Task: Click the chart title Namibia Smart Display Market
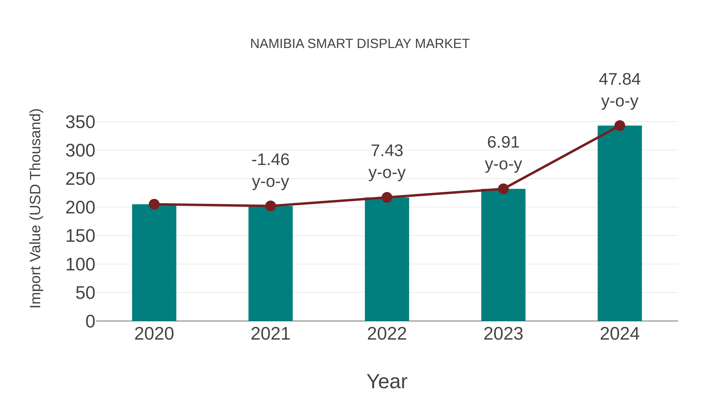(360, 44)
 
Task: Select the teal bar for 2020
(154, 263)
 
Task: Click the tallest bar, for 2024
(620, 224)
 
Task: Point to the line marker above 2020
(154, 204)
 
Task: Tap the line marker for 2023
(503, 189)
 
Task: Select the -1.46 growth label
(270, 160)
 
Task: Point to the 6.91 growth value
(503, 143)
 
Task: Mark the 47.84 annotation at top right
(620, 79)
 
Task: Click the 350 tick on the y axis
(80, 122)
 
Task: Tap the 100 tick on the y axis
(80, 264)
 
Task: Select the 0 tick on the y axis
(90, 321)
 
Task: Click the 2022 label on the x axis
(387, 334)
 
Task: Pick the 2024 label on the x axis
(620, 334)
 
